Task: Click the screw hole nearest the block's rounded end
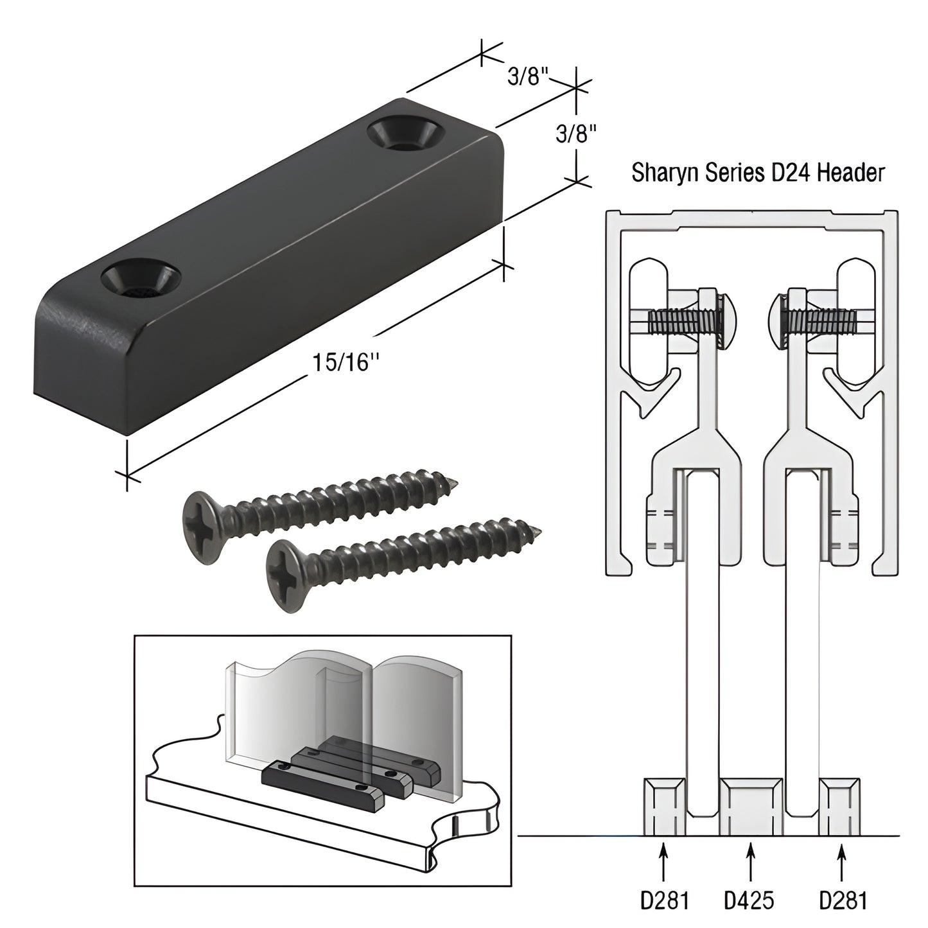point(140,277)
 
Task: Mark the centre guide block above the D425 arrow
point(751,807)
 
